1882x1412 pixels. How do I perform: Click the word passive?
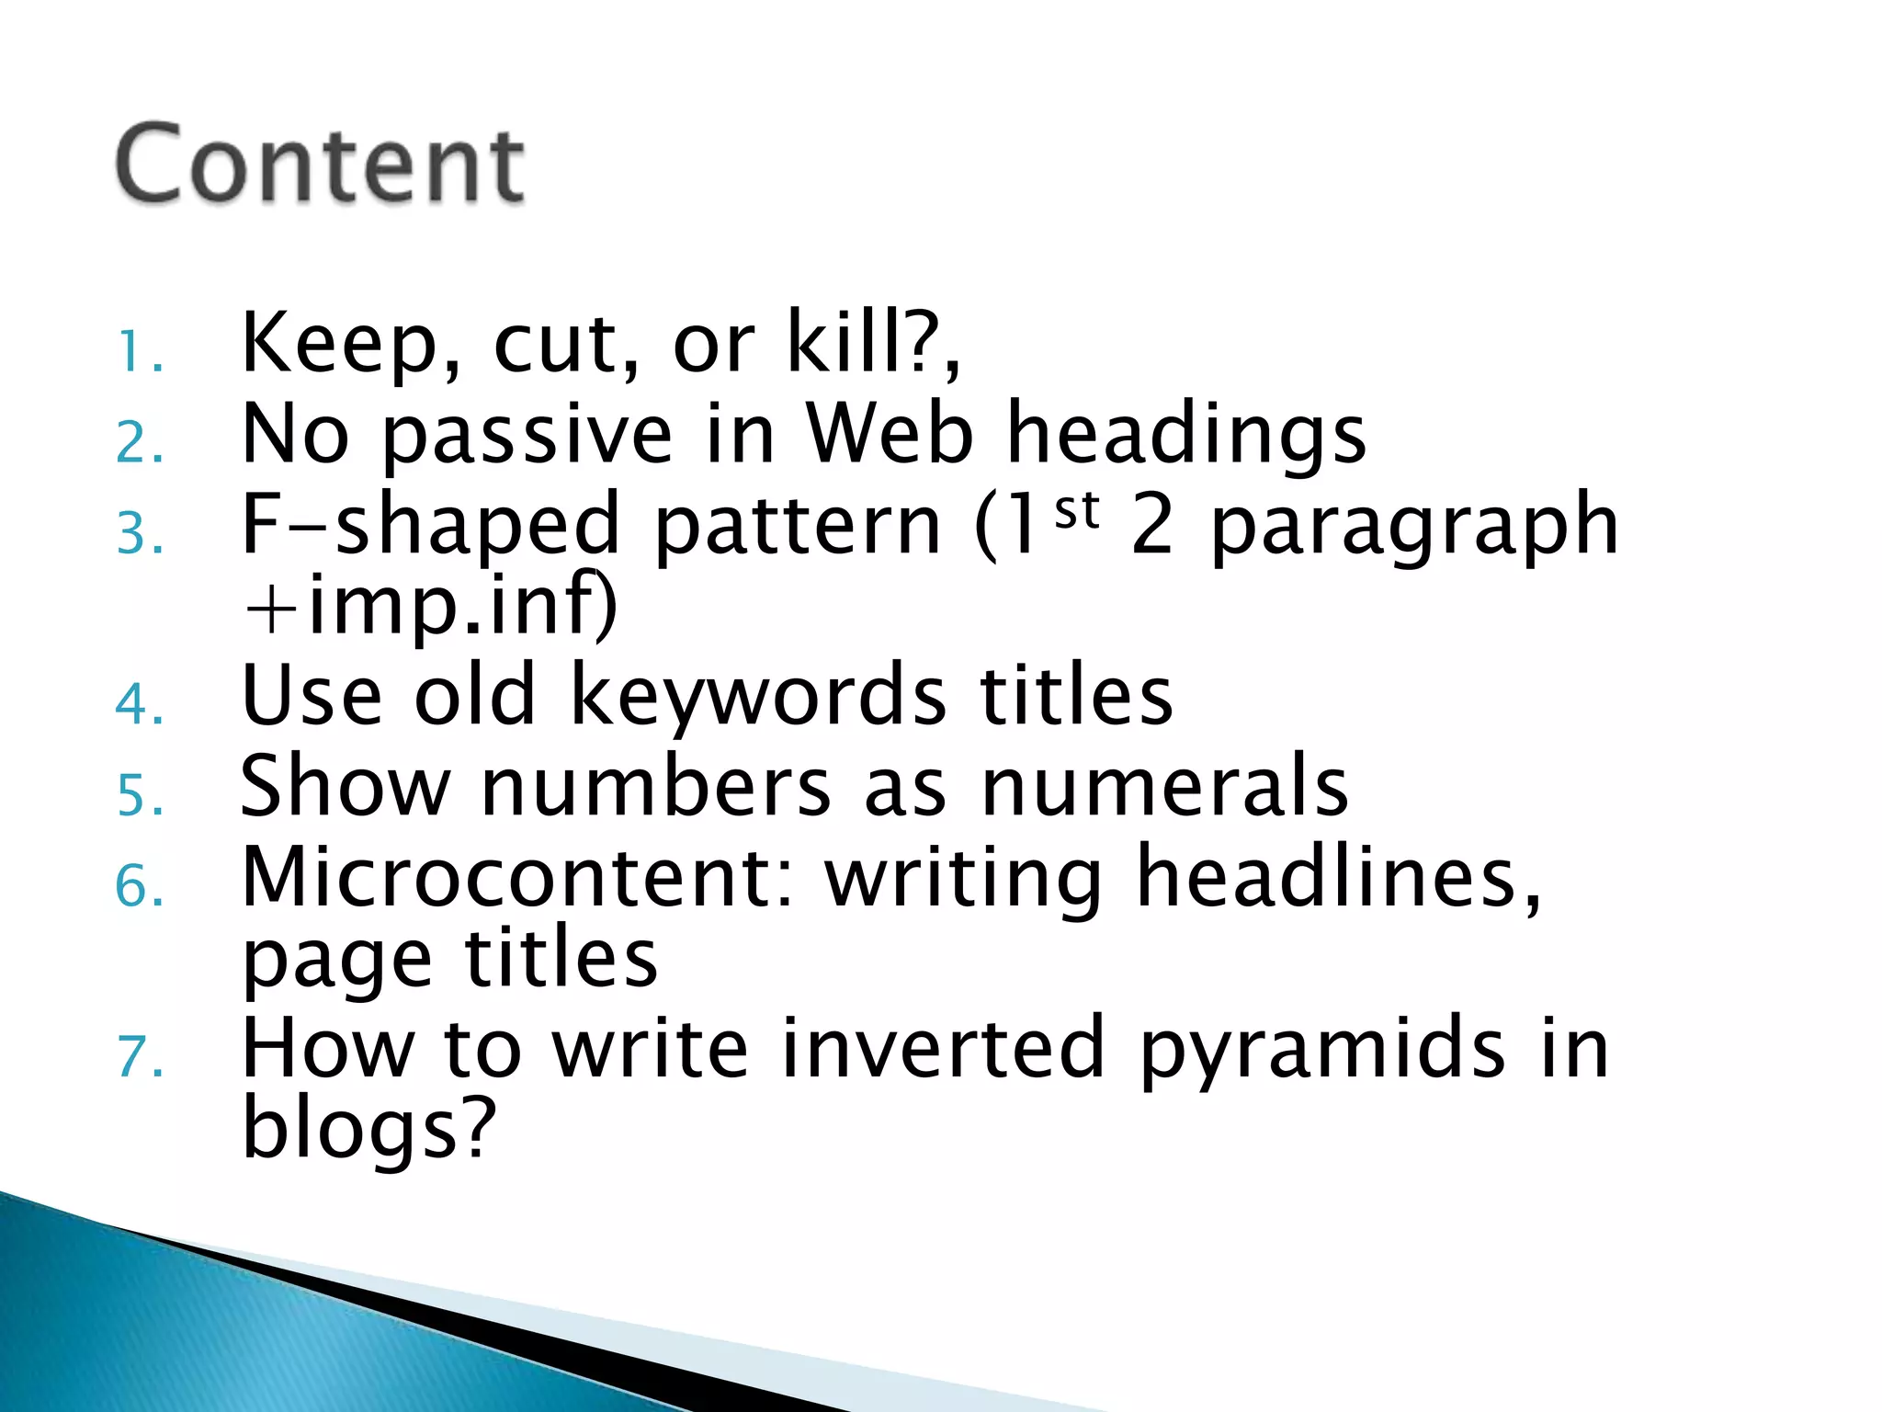pos(527,434)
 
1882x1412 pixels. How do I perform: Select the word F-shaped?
pos(430,525)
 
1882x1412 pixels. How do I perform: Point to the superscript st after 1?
pos(1077,511)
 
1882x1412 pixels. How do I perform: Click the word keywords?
pos(758,696)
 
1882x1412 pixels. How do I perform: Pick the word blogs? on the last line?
pos(368,1130)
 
